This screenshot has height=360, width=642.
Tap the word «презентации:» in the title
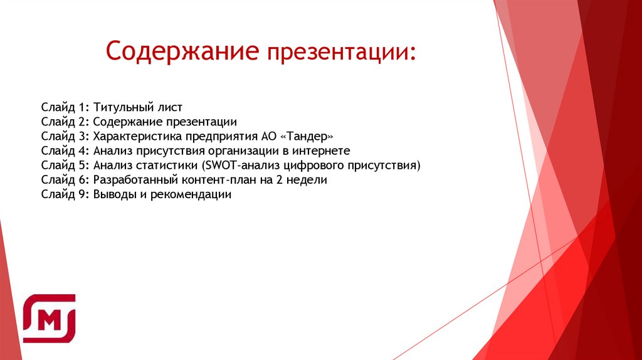tap(342, 53)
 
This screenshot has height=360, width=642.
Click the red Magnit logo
tap(49, 319)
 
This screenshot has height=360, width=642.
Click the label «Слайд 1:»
tap(65, 107)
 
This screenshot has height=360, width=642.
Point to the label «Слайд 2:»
tap(65, 122)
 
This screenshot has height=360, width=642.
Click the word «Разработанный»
tap(132, 180)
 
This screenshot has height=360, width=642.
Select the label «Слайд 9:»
tap(65, 194)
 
